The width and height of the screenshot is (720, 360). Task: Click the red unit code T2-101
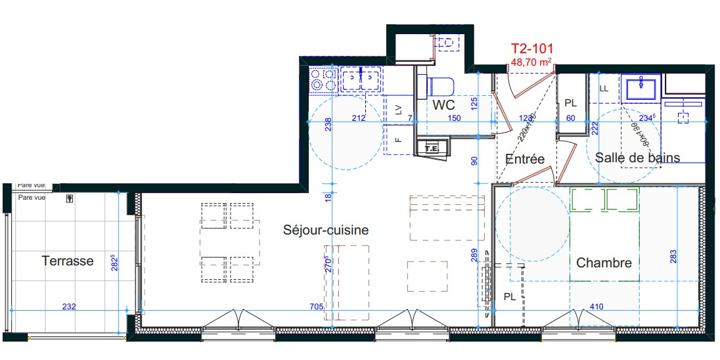(532, 49)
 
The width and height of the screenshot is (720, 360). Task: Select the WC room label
(444, 104)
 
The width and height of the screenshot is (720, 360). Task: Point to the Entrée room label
(525, 159)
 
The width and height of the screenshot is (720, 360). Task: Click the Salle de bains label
(638, 158)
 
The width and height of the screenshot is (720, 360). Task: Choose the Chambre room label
(604, 263)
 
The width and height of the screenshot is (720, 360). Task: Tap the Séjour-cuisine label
(326, 229)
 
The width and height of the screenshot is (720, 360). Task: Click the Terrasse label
(68, 261)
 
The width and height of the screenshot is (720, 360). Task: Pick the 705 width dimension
(317, 306)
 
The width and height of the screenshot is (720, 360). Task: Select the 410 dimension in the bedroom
(597, 306)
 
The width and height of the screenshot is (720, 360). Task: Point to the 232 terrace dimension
(69, 306)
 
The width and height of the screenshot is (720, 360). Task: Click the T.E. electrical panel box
(432, 148)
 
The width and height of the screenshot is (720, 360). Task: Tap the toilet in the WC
(440, 86)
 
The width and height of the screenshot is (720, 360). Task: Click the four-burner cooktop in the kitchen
(323, 79)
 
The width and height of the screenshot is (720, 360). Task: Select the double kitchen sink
(361, 79)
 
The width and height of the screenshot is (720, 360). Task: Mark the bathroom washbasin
(641, 87)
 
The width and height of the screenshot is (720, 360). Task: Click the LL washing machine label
(604, 89)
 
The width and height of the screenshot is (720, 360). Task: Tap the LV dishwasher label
(398, 110)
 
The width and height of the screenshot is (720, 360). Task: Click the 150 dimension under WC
(454, 118)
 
